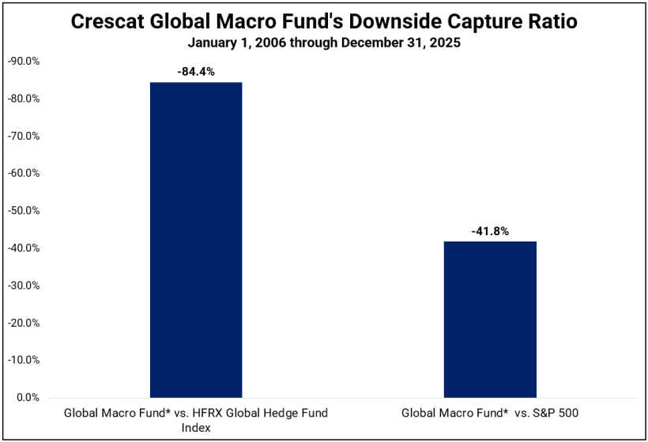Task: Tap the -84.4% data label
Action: pos(196,71)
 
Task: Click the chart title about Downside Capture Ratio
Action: pos(324,22)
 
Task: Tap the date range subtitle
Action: pos(324,43)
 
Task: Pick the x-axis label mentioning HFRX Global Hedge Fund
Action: pos(196,418)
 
